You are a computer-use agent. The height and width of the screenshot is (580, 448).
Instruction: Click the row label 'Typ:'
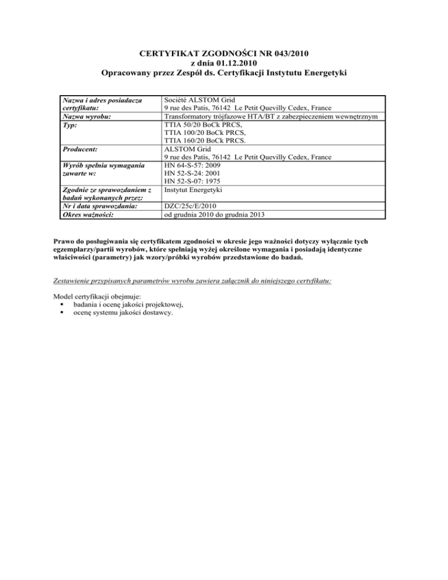(x=70, y=125)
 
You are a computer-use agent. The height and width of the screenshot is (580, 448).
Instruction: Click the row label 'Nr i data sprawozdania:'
(x=100, y=206)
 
